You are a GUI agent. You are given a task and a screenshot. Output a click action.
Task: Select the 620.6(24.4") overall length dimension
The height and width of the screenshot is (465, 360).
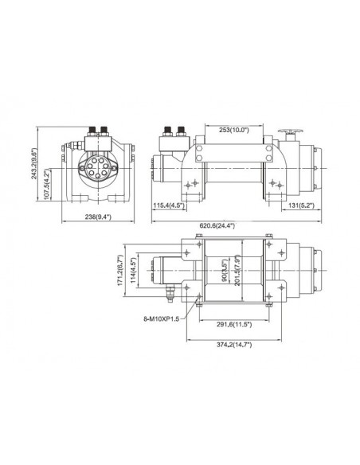[230, 225]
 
